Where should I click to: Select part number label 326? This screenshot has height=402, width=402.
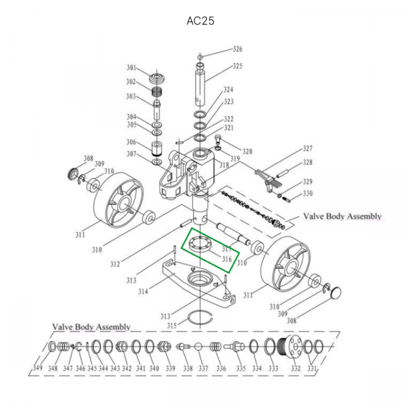point(237,49)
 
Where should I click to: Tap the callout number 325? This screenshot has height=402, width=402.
point(237,66)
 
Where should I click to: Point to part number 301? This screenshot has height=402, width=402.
point(131,68)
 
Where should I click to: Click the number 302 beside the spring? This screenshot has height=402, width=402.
point(131,82)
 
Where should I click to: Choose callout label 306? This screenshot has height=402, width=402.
point(131,142)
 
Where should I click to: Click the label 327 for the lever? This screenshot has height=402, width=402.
point(308,148)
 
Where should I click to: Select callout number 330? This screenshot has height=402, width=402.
point(308,194)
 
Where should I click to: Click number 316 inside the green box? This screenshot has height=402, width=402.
point(226,259)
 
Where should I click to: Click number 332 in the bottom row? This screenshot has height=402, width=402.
point(295,368)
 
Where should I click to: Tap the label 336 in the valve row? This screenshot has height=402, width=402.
point(220,368)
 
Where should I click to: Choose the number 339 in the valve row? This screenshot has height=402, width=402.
point(170,368)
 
